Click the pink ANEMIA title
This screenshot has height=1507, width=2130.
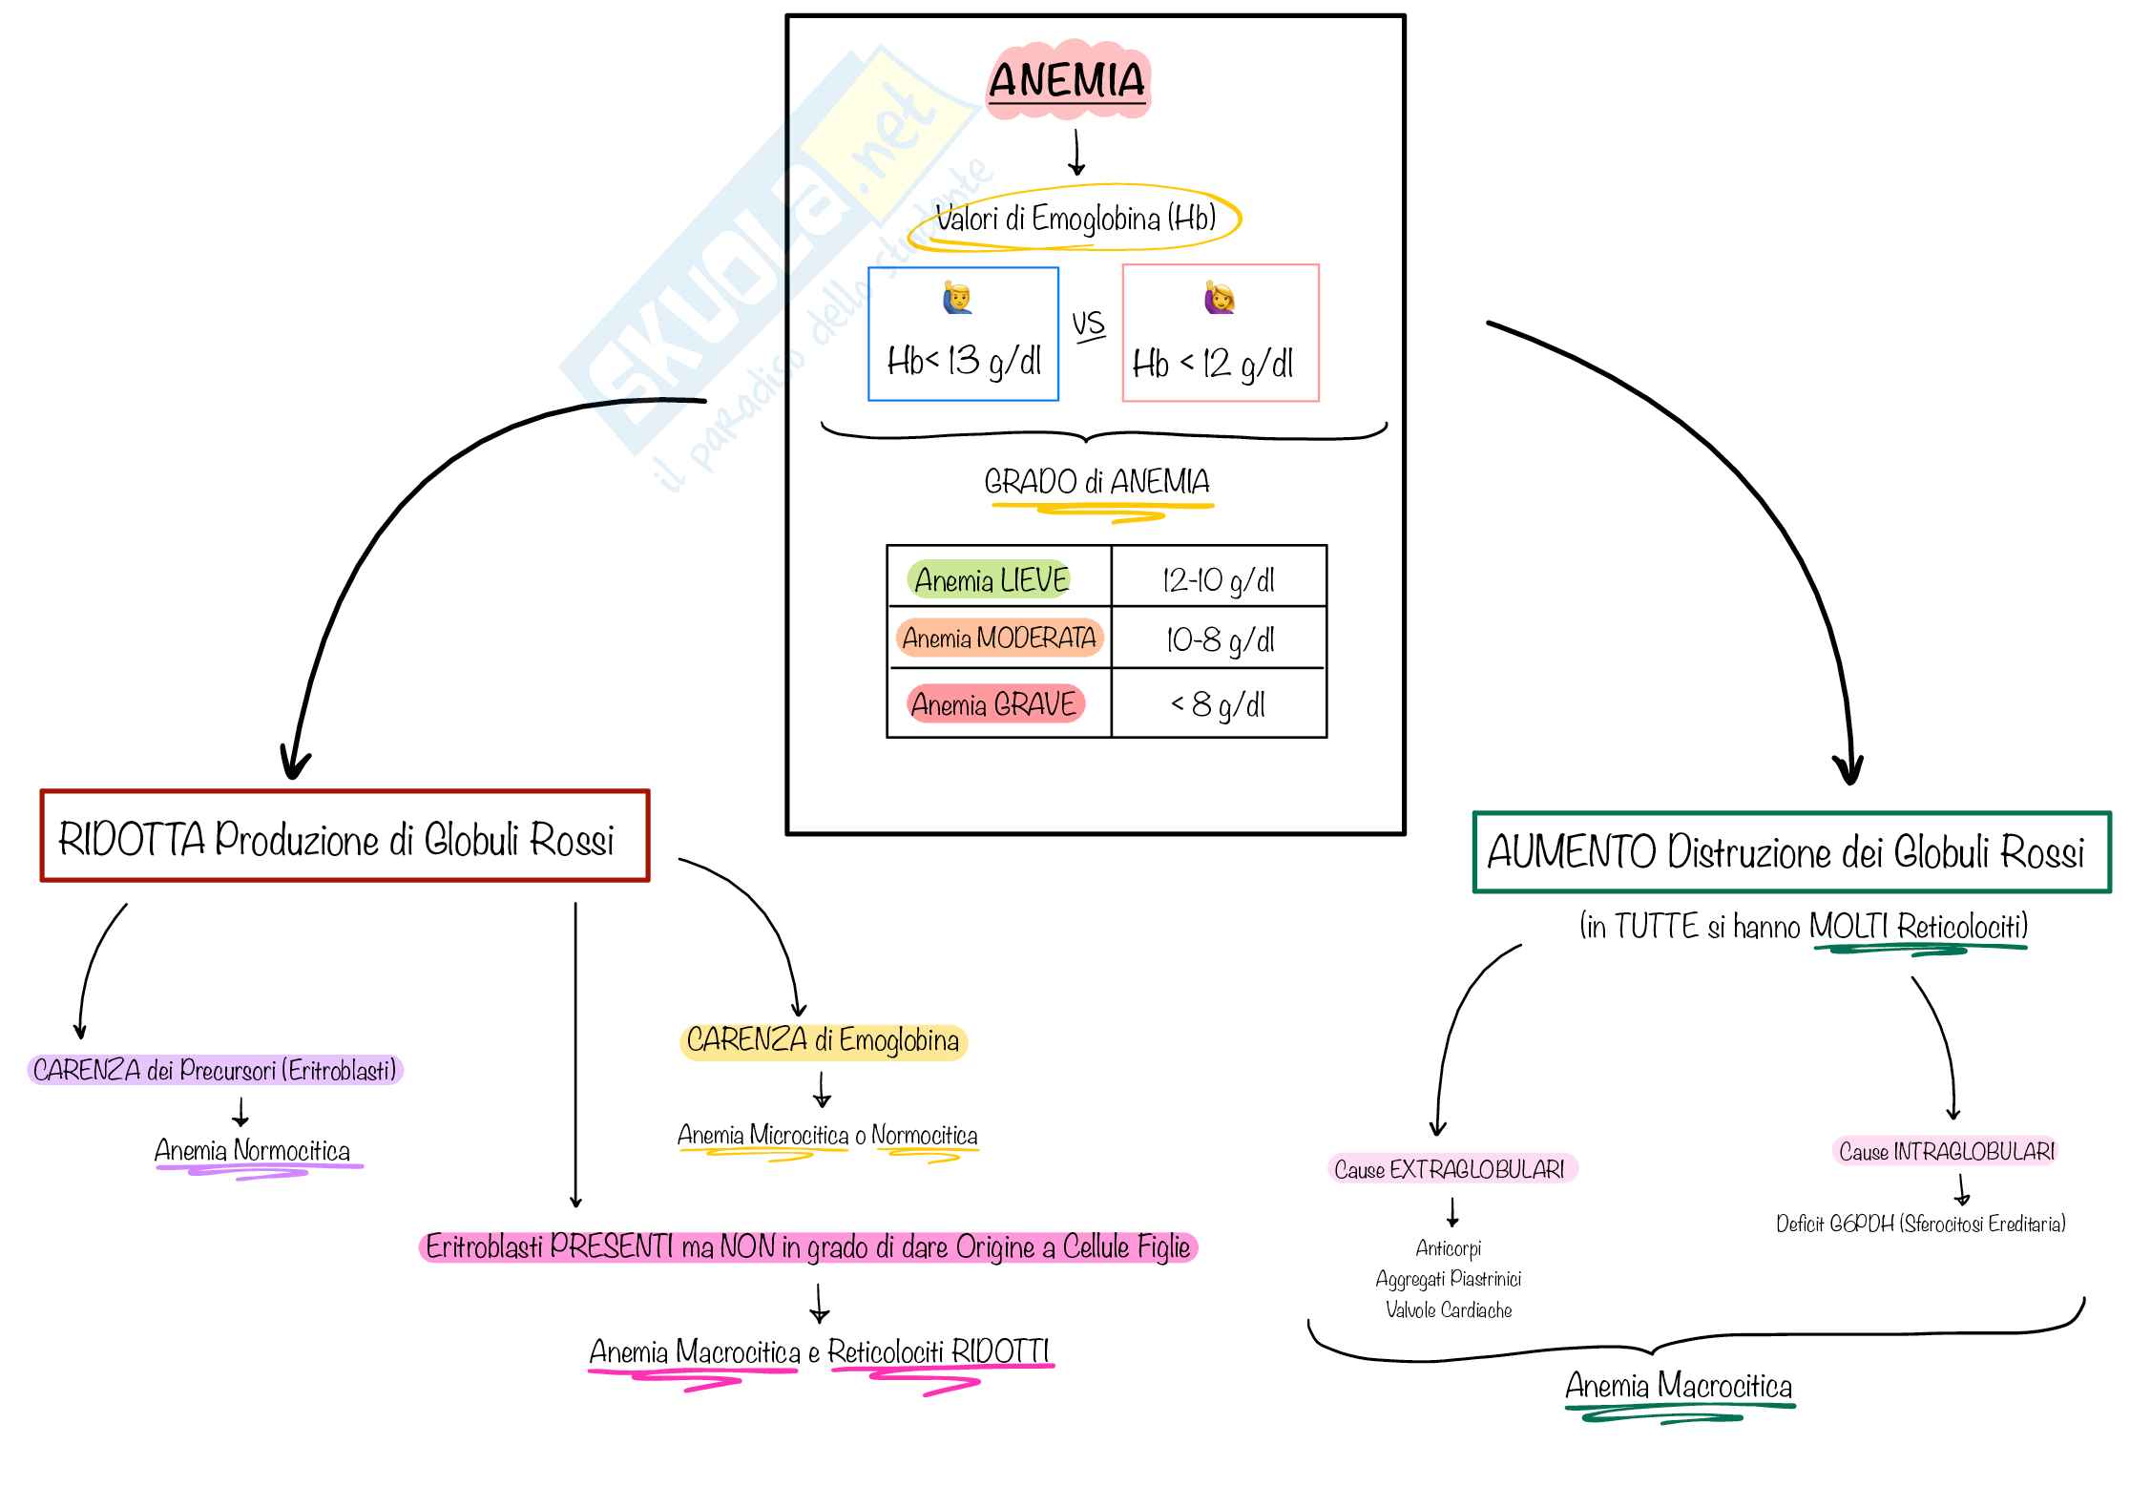tap(1067, 80)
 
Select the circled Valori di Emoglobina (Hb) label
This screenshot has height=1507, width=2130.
tap(1075, 220)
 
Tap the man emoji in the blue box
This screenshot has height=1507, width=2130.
tap(958, 298)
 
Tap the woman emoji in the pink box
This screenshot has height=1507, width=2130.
tap(1219, 298)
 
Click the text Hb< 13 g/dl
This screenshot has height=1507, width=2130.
tap(964, 362)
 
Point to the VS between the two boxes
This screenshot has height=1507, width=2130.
tap(1088, 324)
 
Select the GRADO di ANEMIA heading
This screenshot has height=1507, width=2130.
tap(1097, 482)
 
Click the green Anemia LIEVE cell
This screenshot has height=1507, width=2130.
tap(991, 579)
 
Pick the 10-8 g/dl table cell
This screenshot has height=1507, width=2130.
tap(1219, 639)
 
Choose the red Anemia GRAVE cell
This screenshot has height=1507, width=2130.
tap(993, 704)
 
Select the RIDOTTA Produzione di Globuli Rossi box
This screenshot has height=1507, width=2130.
tap(345, 837)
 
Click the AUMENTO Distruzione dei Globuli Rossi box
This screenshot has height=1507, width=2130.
tap(1790, 852)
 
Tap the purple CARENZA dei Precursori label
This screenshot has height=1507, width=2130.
tap(215, 1070)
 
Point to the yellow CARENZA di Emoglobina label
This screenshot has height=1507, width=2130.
tap(823, 1040)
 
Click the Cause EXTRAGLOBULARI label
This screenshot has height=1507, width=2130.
tap(1450, 1169)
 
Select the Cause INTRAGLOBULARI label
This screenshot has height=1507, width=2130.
tap(1946, 1152)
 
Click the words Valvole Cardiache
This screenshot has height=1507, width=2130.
tap(1449, 1310)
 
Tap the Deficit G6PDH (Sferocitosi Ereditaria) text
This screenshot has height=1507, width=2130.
tap(1920, 1224)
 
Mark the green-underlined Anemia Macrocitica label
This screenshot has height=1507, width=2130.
tap(1679, 1386)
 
